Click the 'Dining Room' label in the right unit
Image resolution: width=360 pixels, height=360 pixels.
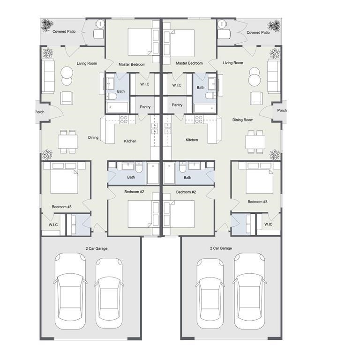click(243, 120)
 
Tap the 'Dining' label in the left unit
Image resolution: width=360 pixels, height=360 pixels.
click(93, 137)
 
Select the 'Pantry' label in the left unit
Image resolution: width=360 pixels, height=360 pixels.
click(145, 107)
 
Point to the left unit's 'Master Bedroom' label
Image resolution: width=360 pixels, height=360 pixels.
click(132, 65)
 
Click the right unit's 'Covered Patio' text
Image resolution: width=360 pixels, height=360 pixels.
click(258, 33)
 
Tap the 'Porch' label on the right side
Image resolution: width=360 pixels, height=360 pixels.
click(282, 111)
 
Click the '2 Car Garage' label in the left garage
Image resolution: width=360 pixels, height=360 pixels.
click(97, 248)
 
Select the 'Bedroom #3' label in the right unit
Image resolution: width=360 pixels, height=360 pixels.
click(257, 202)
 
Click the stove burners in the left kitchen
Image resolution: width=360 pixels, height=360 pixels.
click(124, 120)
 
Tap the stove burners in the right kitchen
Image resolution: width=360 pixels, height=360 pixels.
click(199, 120)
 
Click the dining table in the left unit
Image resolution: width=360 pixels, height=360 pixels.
click(67, 142)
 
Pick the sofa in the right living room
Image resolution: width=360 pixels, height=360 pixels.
click(274, 76)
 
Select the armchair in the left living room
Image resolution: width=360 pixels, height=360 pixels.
click(67, 98)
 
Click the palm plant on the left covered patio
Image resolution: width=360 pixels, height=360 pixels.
click(47, 25)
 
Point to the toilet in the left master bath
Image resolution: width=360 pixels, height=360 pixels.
click(112, 97)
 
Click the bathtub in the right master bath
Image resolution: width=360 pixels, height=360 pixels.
click(205, 108)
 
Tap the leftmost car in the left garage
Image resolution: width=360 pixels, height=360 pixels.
click(70, 292)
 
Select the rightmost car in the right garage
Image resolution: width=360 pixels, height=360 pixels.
click(249, 292)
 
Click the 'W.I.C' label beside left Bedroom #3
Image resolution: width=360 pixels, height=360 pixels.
click(53, 225)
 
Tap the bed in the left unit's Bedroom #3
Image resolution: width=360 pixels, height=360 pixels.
click(64, 178)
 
